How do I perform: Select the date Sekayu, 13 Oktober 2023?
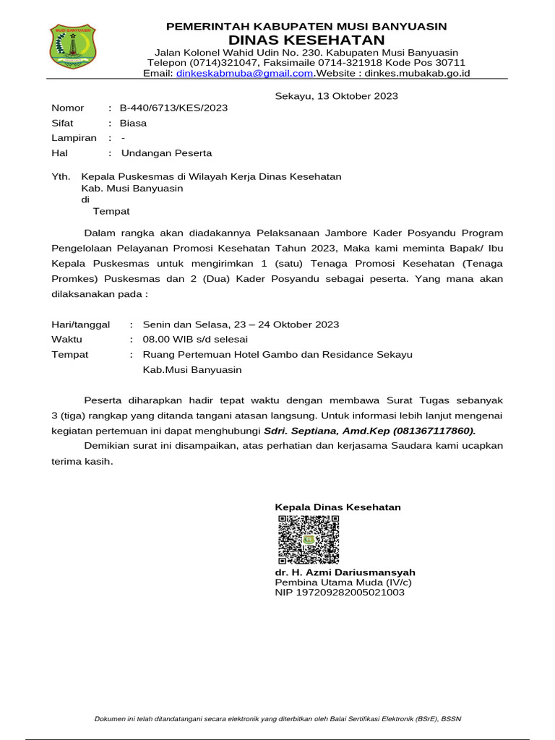point(337,96)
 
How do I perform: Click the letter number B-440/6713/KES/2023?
point(173,108)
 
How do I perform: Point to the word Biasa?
point(133,123)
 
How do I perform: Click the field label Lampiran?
point(74,138)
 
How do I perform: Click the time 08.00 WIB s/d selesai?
point(195,339)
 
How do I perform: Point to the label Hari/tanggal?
point(81,324)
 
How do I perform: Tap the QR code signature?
point(307,540)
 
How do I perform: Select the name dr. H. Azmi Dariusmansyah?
point(345,572)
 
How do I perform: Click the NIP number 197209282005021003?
point(340,593)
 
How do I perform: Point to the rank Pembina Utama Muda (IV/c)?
point(344,582)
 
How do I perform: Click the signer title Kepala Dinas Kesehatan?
point(337,507)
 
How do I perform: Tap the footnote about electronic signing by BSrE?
point(277,718)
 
